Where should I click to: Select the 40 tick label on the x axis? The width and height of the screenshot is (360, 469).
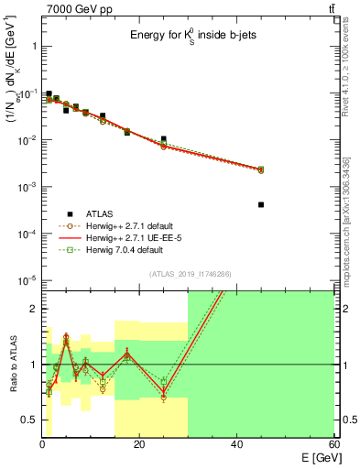point(236,445)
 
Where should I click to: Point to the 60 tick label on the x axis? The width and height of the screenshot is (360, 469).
point(333,445)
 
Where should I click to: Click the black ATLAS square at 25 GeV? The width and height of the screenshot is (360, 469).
point(163,139)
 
